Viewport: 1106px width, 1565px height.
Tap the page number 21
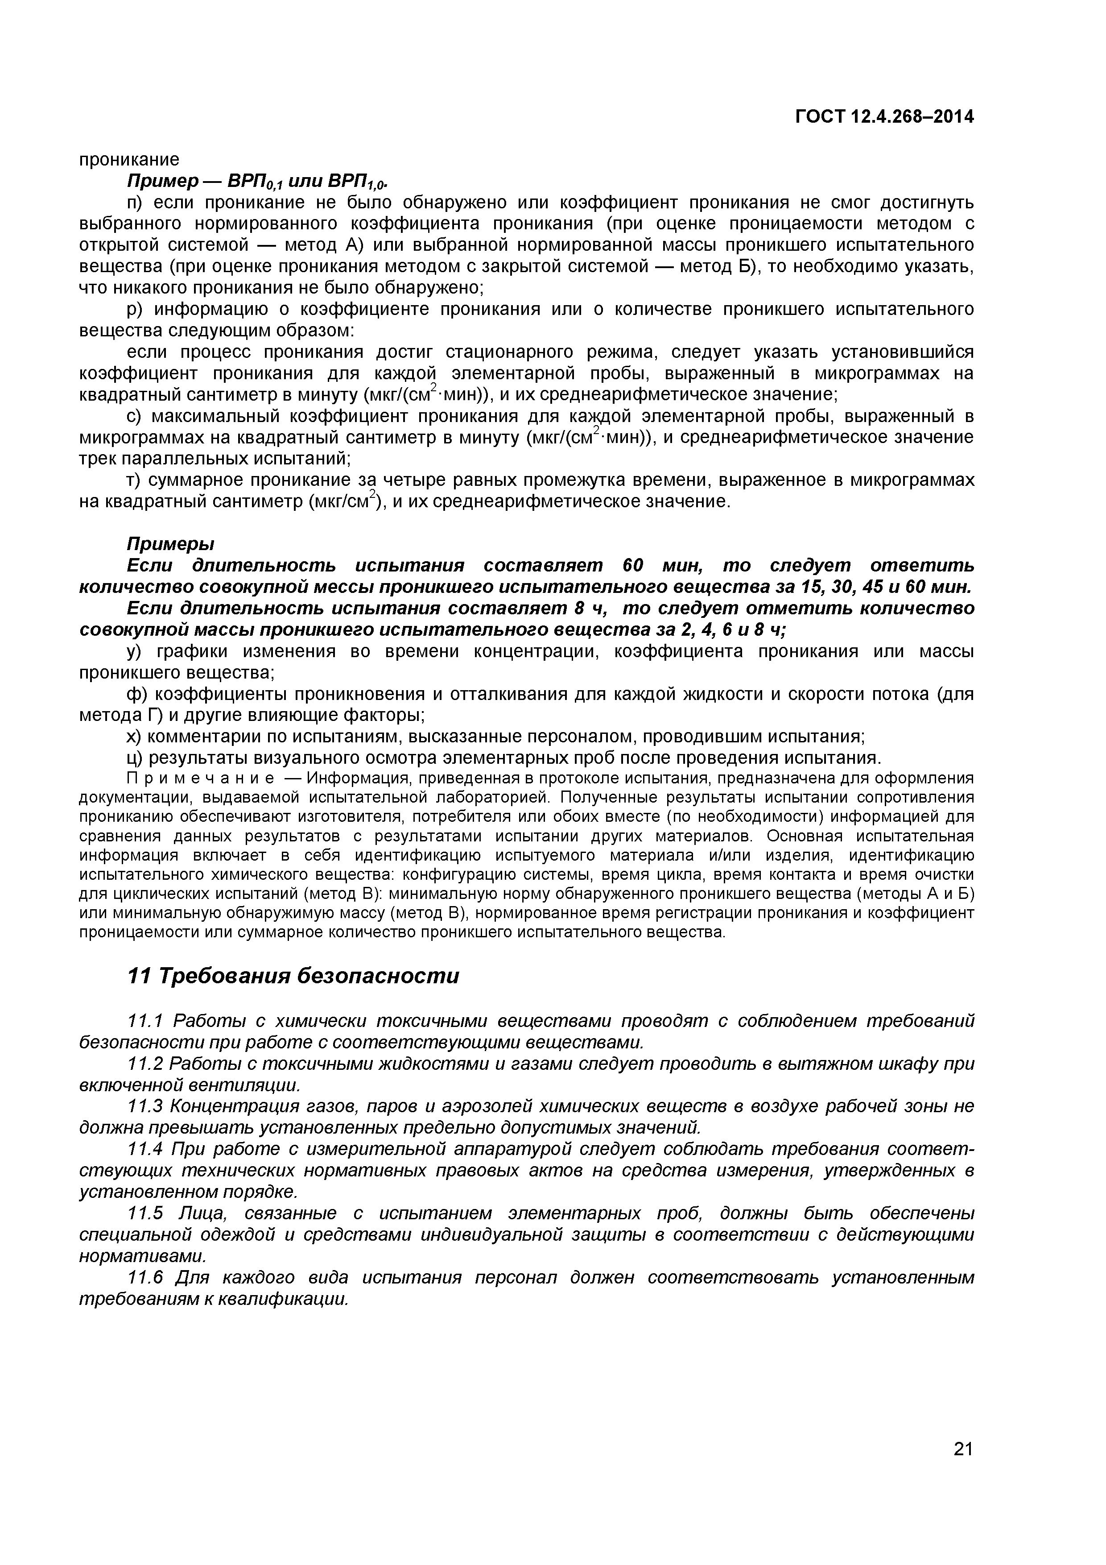[x=963, y=1468]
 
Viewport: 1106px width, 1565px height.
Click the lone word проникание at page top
[x=129, y=160]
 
